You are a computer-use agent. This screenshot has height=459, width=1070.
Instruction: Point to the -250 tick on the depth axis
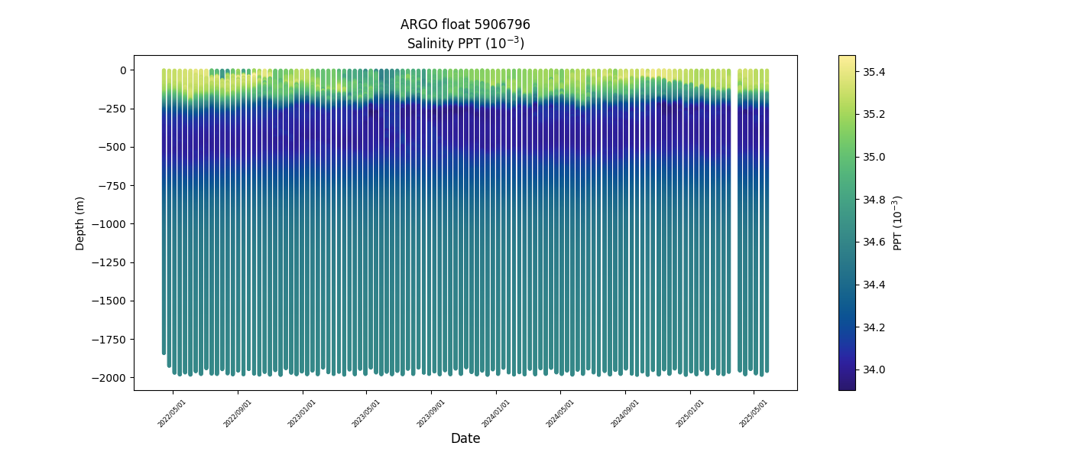[x=114, y=109]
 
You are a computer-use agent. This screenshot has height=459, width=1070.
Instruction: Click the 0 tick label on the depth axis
[x=122, y=70]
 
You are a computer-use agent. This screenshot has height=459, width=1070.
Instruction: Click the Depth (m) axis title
[x=80, y=223]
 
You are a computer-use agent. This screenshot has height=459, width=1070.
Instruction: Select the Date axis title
[x=465, y=438]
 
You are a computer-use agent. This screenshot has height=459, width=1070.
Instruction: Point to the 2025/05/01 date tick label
[x=754, y=412]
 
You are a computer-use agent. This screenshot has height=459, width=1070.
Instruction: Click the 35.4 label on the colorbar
[x=874, y=72]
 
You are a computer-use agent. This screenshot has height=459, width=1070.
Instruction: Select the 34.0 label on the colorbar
[x=874, y=369]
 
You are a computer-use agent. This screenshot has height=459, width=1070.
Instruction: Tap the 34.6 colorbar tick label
[x=874, y=242]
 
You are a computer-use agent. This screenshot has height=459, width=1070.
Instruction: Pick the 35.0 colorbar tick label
[x=874, y=157]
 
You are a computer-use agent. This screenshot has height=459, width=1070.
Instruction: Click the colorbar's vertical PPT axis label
[x=898, y=223]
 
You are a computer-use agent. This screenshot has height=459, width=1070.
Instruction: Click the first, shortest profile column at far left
[x=164, y=214]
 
